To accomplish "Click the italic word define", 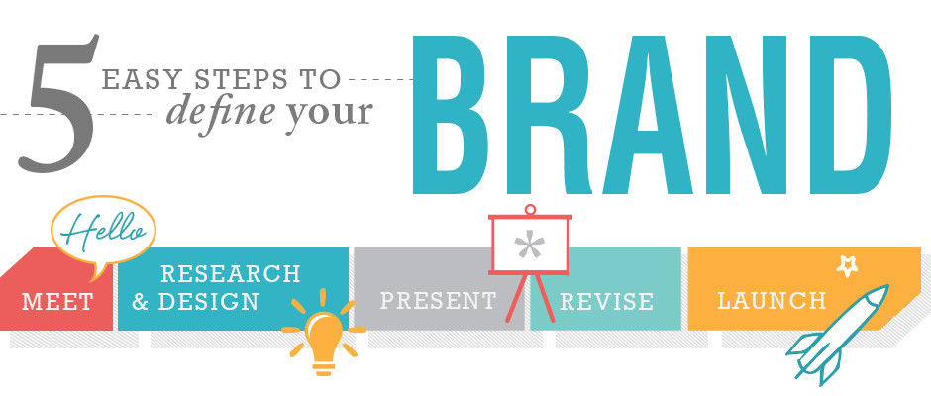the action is tap(220, 109).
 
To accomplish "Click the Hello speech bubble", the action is tap(103, 233).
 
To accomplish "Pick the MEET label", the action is tap(57, 302).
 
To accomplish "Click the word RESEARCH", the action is tap(231, 273).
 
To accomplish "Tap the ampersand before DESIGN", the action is tap(140, 302).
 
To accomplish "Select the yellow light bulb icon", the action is tap(324, 336).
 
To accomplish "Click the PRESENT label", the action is tap(438, 300).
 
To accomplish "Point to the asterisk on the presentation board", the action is tap(529, 245).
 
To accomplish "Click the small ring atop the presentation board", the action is tap(530, 209).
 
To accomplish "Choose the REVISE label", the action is tap(606, 302).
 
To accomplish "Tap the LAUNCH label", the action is tap(772, 300).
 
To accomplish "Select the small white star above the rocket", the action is tap(847, 266).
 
